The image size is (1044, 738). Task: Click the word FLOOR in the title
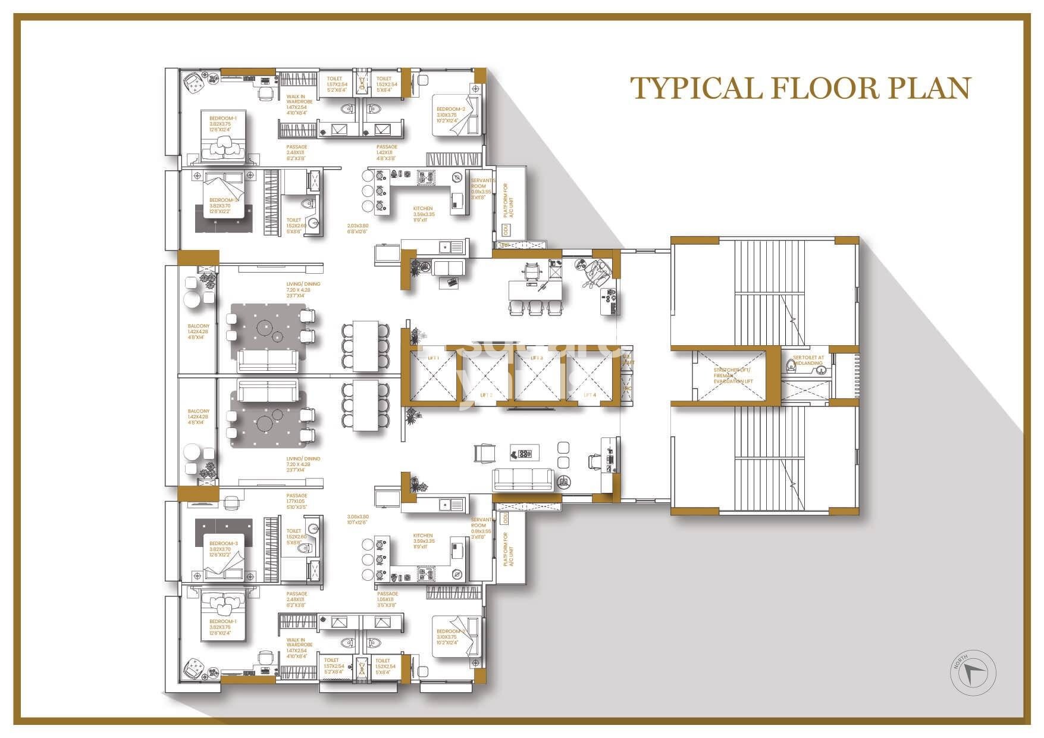[824, 88]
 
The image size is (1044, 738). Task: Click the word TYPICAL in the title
[696, 88]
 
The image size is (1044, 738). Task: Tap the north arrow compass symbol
[973, 673]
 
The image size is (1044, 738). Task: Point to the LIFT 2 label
[487, 395]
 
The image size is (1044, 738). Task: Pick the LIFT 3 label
[537, 358]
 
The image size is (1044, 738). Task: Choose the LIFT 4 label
[589, 395]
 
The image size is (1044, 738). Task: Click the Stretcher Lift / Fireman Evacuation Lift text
[733, 376]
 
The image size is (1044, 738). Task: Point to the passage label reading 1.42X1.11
[387, 152]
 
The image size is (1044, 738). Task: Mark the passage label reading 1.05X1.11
[387, 599]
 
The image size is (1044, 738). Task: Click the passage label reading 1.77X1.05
[296, 501]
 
